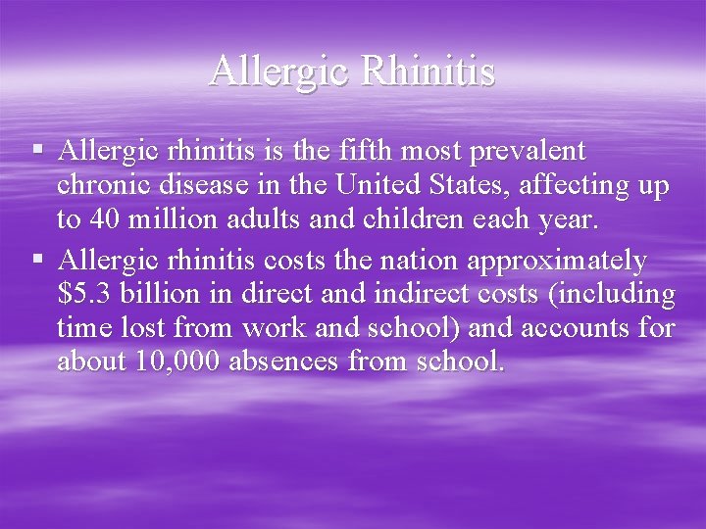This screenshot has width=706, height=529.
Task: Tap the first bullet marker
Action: (x=37, y=151)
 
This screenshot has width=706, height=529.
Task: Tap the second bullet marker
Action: (x=37, y=260)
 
